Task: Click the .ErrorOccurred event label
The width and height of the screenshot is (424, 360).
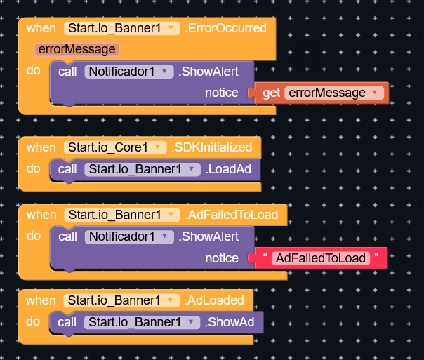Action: [226, 29]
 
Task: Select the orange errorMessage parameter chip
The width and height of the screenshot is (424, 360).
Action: [76, 50]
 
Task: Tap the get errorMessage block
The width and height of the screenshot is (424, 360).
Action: [270, 93]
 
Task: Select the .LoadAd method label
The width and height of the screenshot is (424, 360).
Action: [232, 169]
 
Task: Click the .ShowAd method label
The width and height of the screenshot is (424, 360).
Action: [234, 322]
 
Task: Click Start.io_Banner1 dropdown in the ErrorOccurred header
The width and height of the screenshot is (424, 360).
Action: [122, 29]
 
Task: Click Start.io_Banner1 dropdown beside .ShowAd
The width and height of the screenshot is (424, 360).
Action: [142, 322]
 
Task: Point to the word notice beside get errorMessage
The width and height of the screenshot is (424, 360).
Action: [222, 93]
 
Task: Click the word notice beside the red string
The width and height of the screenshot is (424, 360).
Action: [222, 258]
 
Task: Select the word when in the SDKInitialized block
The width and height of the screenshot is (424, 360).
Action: [41, 147]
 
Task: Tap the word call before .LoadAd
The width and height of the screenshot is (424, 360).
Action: [67, 169]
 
